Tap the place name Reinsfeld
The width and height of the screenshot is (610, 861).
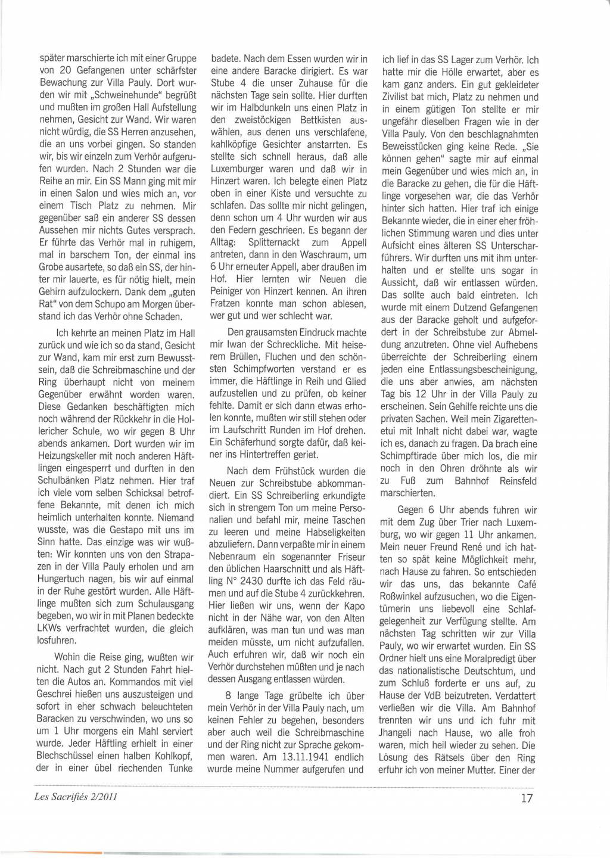[x=518, y=481]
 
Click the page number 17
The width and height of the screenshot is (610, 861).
[x=527, y=797]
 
